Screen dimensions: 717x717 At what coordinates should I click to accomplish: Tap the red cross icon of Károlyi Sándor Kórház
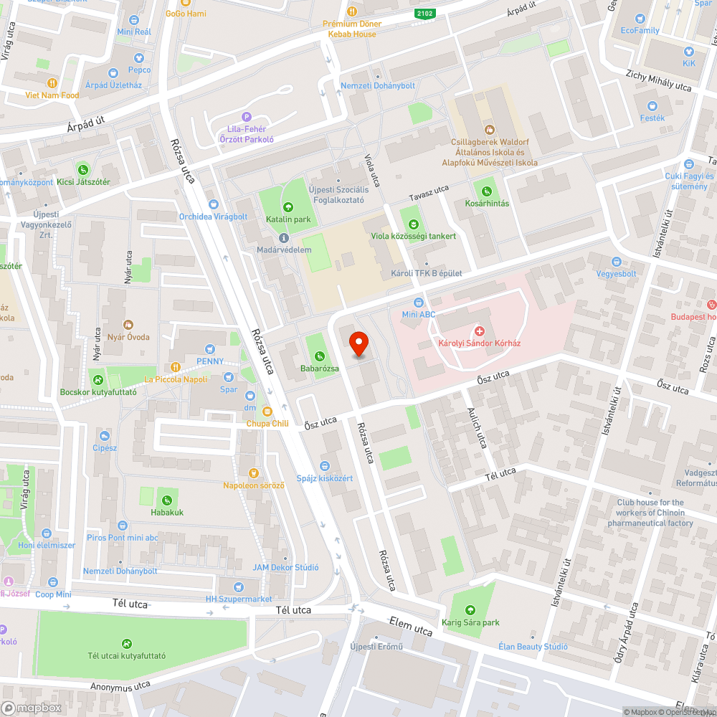coord(480,331)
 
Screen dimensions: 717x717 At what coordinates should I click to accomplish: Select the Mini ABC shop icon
coord(419,303)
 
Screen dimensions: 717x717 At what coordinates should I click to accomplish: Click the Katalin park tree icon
coord(288,207)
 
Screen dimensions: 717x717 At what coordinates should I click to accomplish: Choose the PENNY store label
coord(210,361)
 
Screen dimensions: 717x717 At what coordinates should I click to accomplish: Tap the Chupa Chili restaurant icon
coord(267,412)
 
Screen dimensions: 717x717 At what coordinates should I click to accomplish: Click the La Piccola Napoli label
coord(176,379)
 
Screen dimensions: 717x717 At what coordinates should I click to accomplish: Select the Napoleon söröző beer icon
coord(252,473)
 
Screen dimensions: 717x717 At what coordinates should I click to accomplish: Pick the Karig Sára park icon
coord(470,609)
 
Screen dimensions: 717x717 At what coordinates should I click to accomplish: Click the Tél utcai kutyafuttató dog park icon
coord(127,643)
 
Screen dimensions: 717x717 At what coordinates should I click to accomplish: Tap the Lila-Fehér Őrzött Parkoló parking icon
coord(247,117)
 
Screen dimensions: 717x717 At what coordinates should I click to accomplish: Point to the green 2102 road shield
coord(424,13)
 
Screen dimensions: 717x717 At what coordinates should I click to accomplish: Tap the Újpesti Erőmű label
coord(376,647)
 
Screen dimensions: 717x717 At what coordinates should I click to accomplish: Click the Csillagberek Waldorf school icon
coord(490,129)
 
